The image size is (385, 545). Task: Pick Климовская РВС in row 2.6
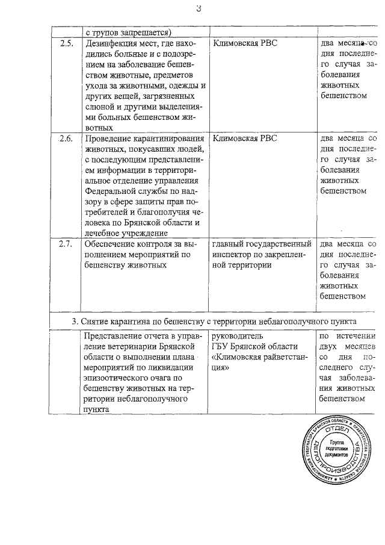coord(245,139)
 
